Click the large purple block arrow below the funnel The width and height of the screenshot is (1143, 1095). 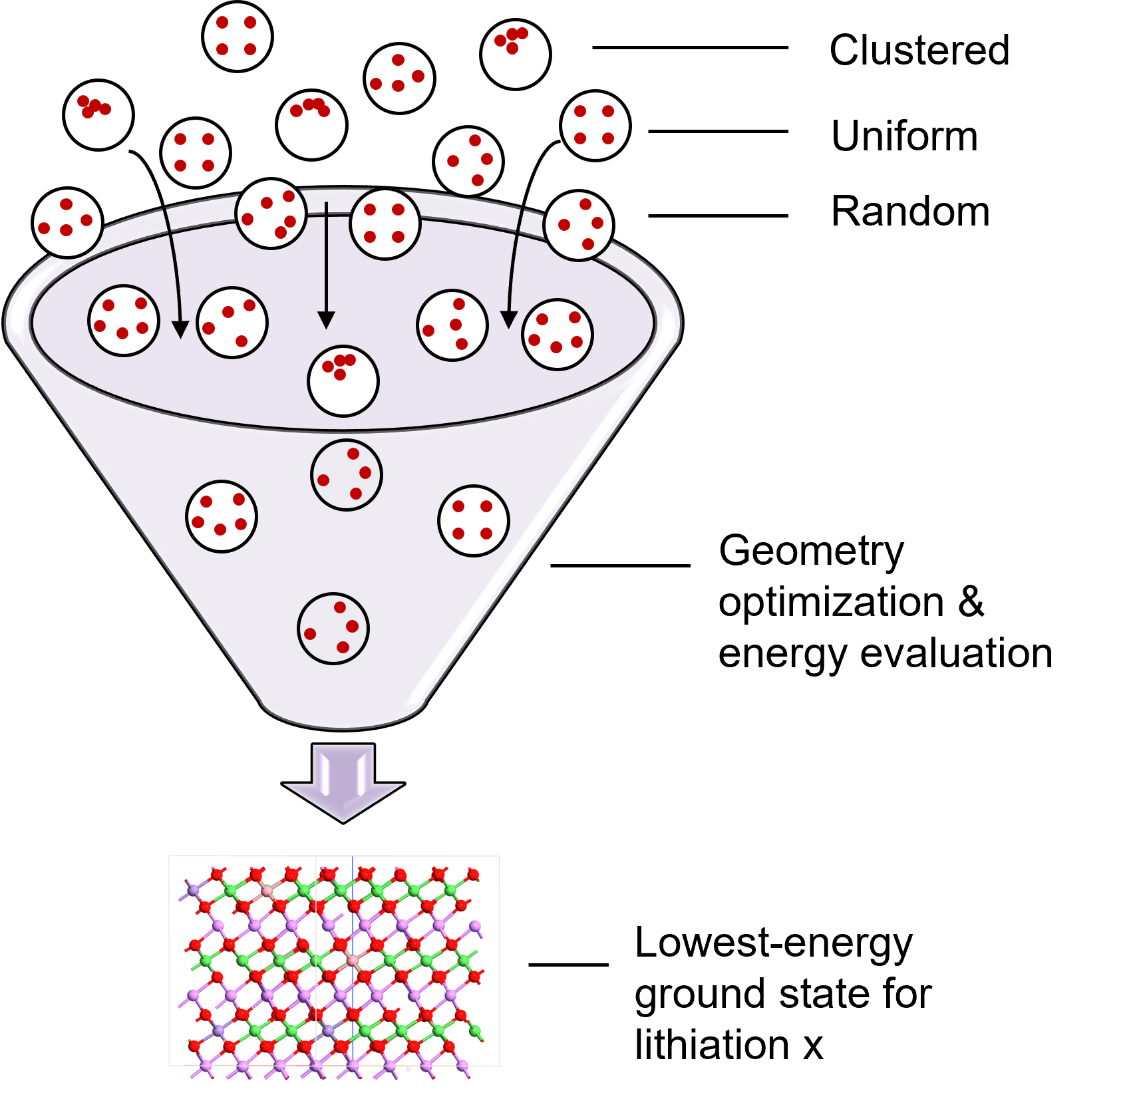pos(343,782)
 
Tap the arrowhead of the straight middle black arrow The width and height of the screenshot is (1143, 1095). pos(326,320)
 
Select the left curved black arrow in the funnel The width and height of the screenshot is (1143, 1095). pos(174,266)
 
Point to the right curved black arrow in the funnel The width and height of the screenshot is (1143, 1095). pos(514,266)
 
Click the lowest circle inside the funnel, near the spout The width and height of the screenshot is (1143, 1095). pos(333,629)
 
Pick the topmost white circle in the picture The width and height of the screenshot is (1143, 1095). pos(516,55)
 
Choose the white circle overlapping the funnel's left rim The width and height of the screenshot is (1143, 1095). pos(67,224)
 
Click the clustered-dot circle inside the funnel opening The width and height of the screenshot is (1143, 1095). pos(343,381)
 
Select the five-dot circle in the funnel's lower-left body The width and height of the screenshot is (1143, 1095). pos(222,516)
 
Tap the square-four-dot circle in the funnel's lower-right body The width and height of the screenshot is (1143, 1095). pos(474,521)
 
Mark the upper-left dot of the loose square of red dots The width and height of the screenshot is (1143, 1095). pos(222,23)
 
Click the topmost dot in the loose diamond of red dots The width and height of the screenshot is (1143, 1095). pos(398,60)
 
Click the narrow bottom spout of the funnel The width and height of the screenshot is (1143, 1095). pos(343,712)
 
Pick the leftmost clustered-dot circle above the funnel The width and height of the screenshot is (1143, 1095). pos(98,115)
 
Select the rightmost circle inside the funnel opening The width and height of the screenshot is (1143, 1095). pos(558,334)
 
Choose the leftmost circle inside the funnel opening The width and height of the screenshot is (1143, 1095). pos(124,321)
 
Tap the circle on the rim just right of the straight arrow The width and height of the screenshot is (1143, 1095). pos(385,224)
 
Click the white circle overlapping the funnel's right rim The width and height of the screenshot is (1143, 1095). pos(578,226)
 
